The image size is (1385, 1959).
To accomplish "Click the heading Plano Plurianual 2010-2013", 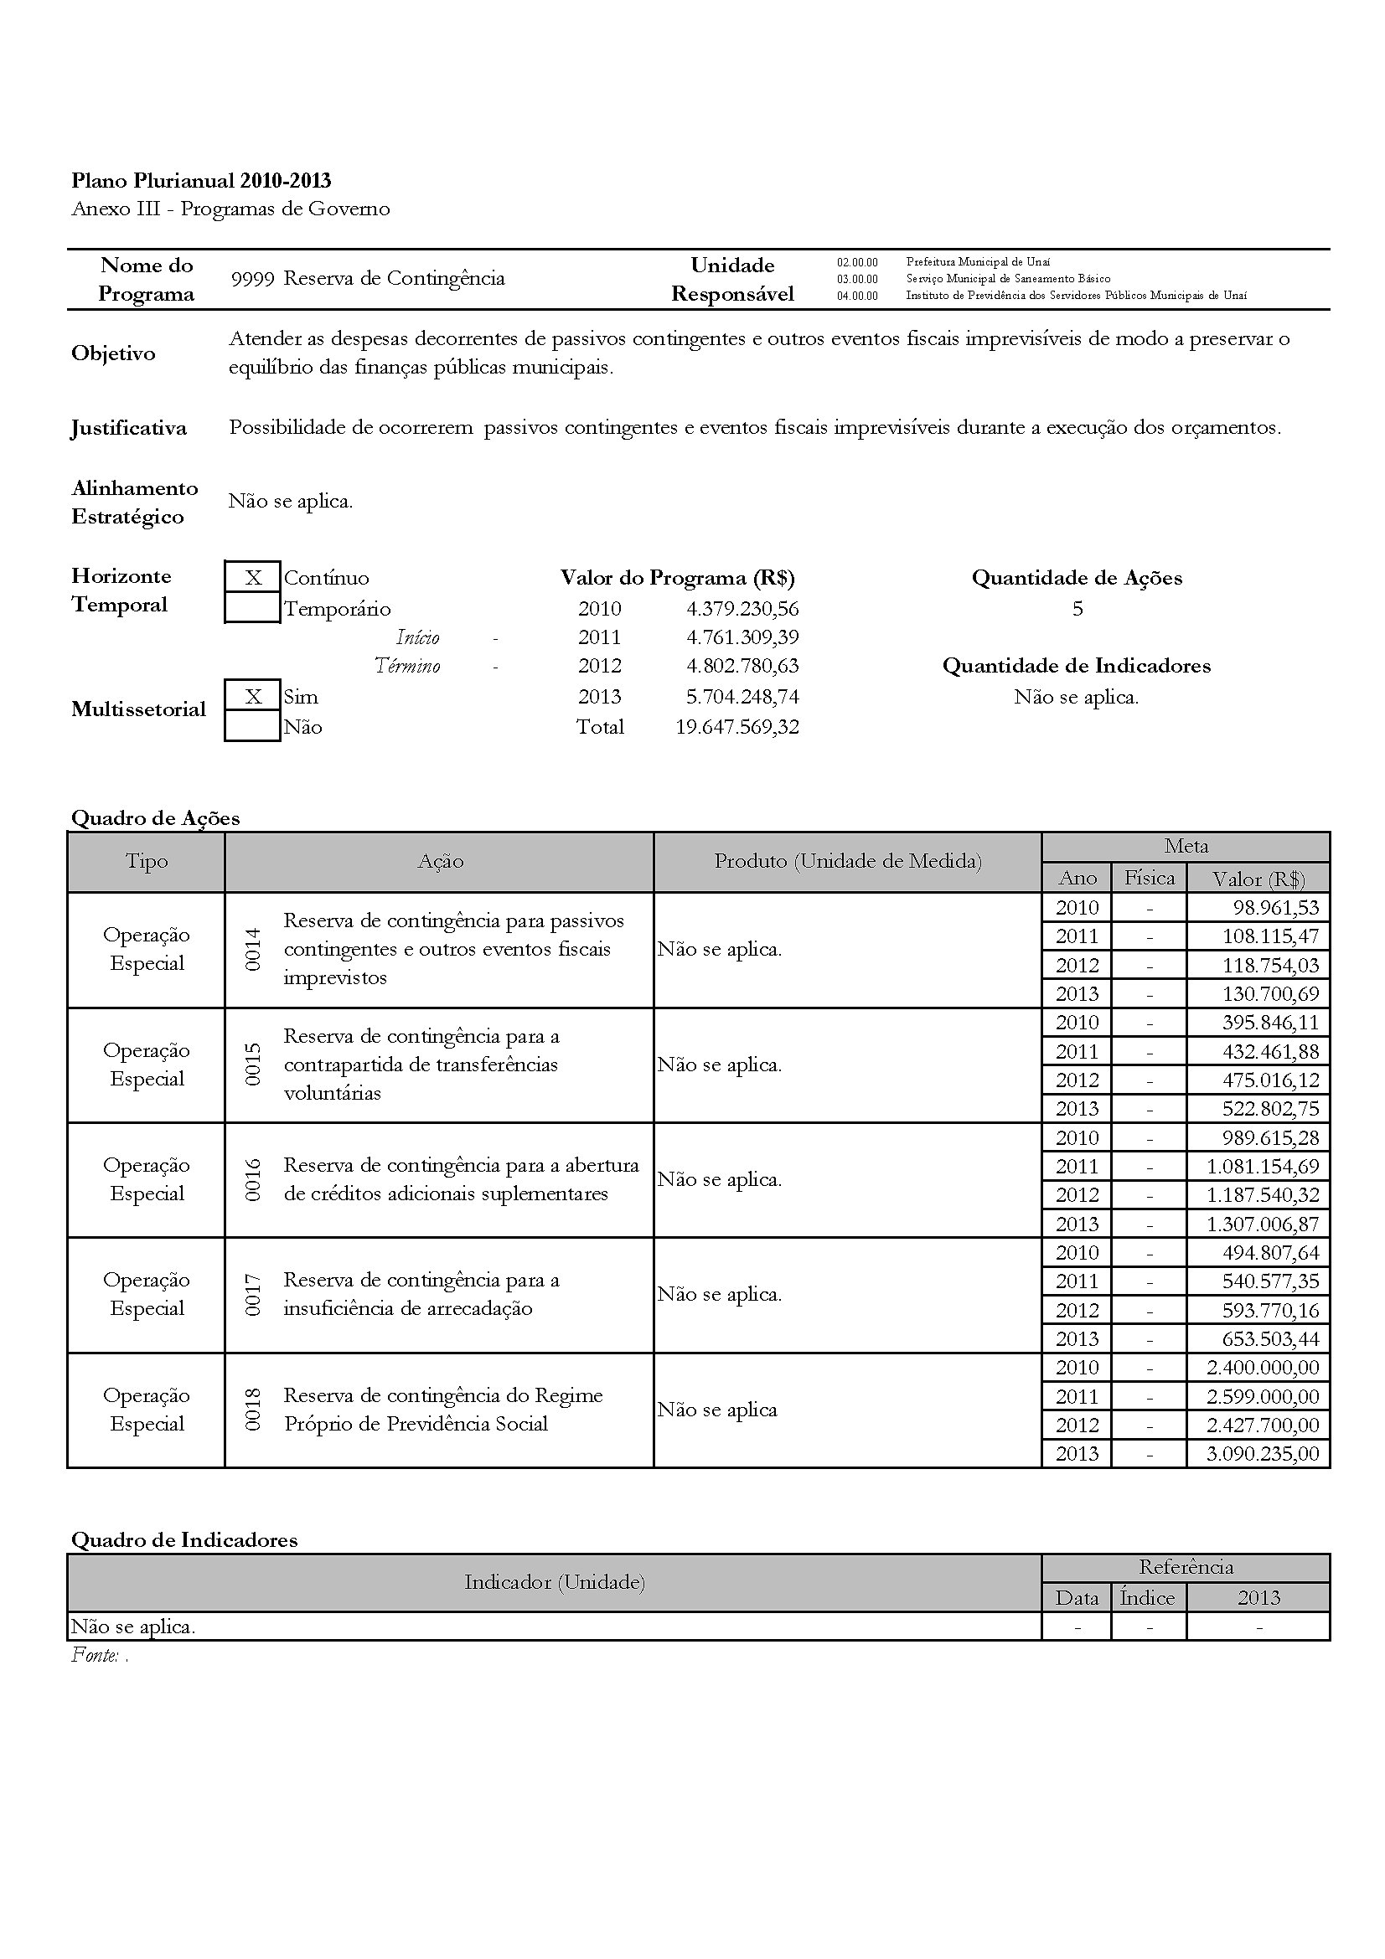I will (x=201, y=181).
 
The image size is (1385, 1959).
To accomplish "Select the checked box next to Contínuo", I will (x=252, y=578).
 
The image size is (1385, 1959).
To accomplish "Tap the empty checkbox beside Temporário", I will (x=252, y=608).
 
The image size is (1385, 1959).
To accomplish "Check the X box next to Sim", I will (x=252, y=696).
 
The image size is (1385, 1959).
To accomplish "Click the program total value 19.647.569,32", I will (x=737, y=727).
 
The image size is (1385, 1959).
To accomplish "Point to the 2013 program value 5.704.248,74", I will (x=742, y=696).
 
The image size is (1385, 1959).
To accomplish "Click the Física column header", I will (x=1149, y=878).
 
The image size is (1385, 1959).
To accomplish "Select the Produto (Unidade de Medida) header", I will (x=847, y=862).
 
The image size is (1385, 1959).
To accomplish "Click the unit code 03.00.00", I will (x=857, y=279).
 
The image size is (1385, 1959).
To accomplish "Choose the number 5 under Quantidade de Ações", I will (x=1077, y=608).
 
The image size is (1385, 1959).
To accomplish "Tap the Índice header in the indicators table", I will (x=1148, y=1598).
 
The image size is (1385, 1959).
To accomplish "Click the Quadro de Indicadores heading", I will (x=184, y=1540).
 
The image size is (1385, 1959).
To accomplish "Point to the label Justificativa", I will (x=129, y=427).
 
